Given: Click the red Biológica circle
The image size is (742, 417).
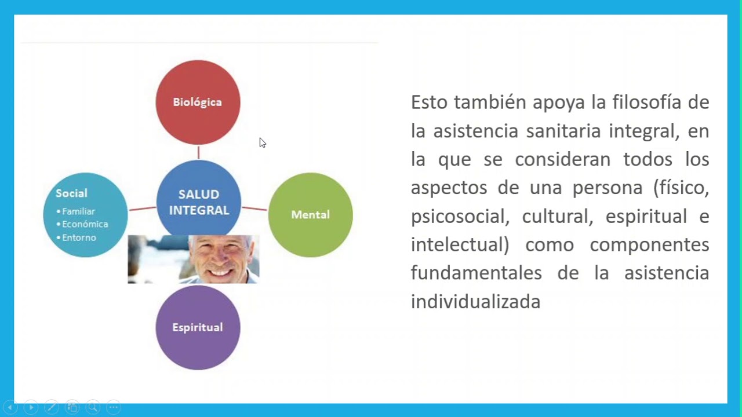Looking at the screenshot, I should pyautogui.click(x=198, y=102).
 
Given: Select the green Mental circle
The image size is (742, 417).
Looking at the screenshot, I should pyautogui.click(x=310, y=215).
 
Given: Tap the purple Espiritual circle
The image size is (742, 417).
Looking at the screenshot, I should pyautogui.click(x=198, y=327).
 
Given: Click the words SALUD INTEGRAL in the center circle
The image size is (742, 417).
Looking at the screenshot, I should pyautogui.click(x=199, y=202).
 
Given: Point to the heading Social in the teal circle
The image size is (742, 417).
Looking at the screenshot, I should pyautogui.click(x=71, y=193).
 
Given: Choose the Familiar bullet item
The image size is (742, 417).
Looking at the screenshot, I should pyautogui.click(x=78, y=211).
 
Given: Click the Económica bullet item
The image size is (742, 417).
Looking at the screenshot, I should pyautogui.click(x=85, y=224).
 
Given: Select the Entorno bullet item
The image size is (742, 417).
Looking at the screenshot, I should pyautogui.click(x=79, y=237).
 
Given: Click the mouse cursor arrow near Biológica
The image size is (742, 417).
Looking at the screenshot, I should pyautogui.click(x=262, y=142).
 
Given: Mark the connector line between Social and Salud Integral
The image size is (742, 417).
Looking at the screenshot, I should pyautogui.click(x=142, y=208).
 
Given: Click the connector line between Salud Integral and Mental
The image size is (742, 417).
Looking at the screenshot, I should pyautogui.click(x=254, y=208).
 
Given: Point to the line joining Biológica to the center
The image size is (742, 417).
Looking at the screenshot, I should pyautogui.click(x=198, y=152).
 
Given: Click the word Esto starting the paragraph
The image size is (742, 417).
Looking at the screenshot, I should pyautogui.click(x=430, y=103).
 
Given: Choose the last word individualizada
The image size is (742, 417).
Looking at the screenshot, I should pyautogui.click(x=475, y=302).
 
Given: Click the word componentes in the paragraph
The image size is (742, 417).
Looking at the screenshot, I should pyautogui.click(x=649, y=244).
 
